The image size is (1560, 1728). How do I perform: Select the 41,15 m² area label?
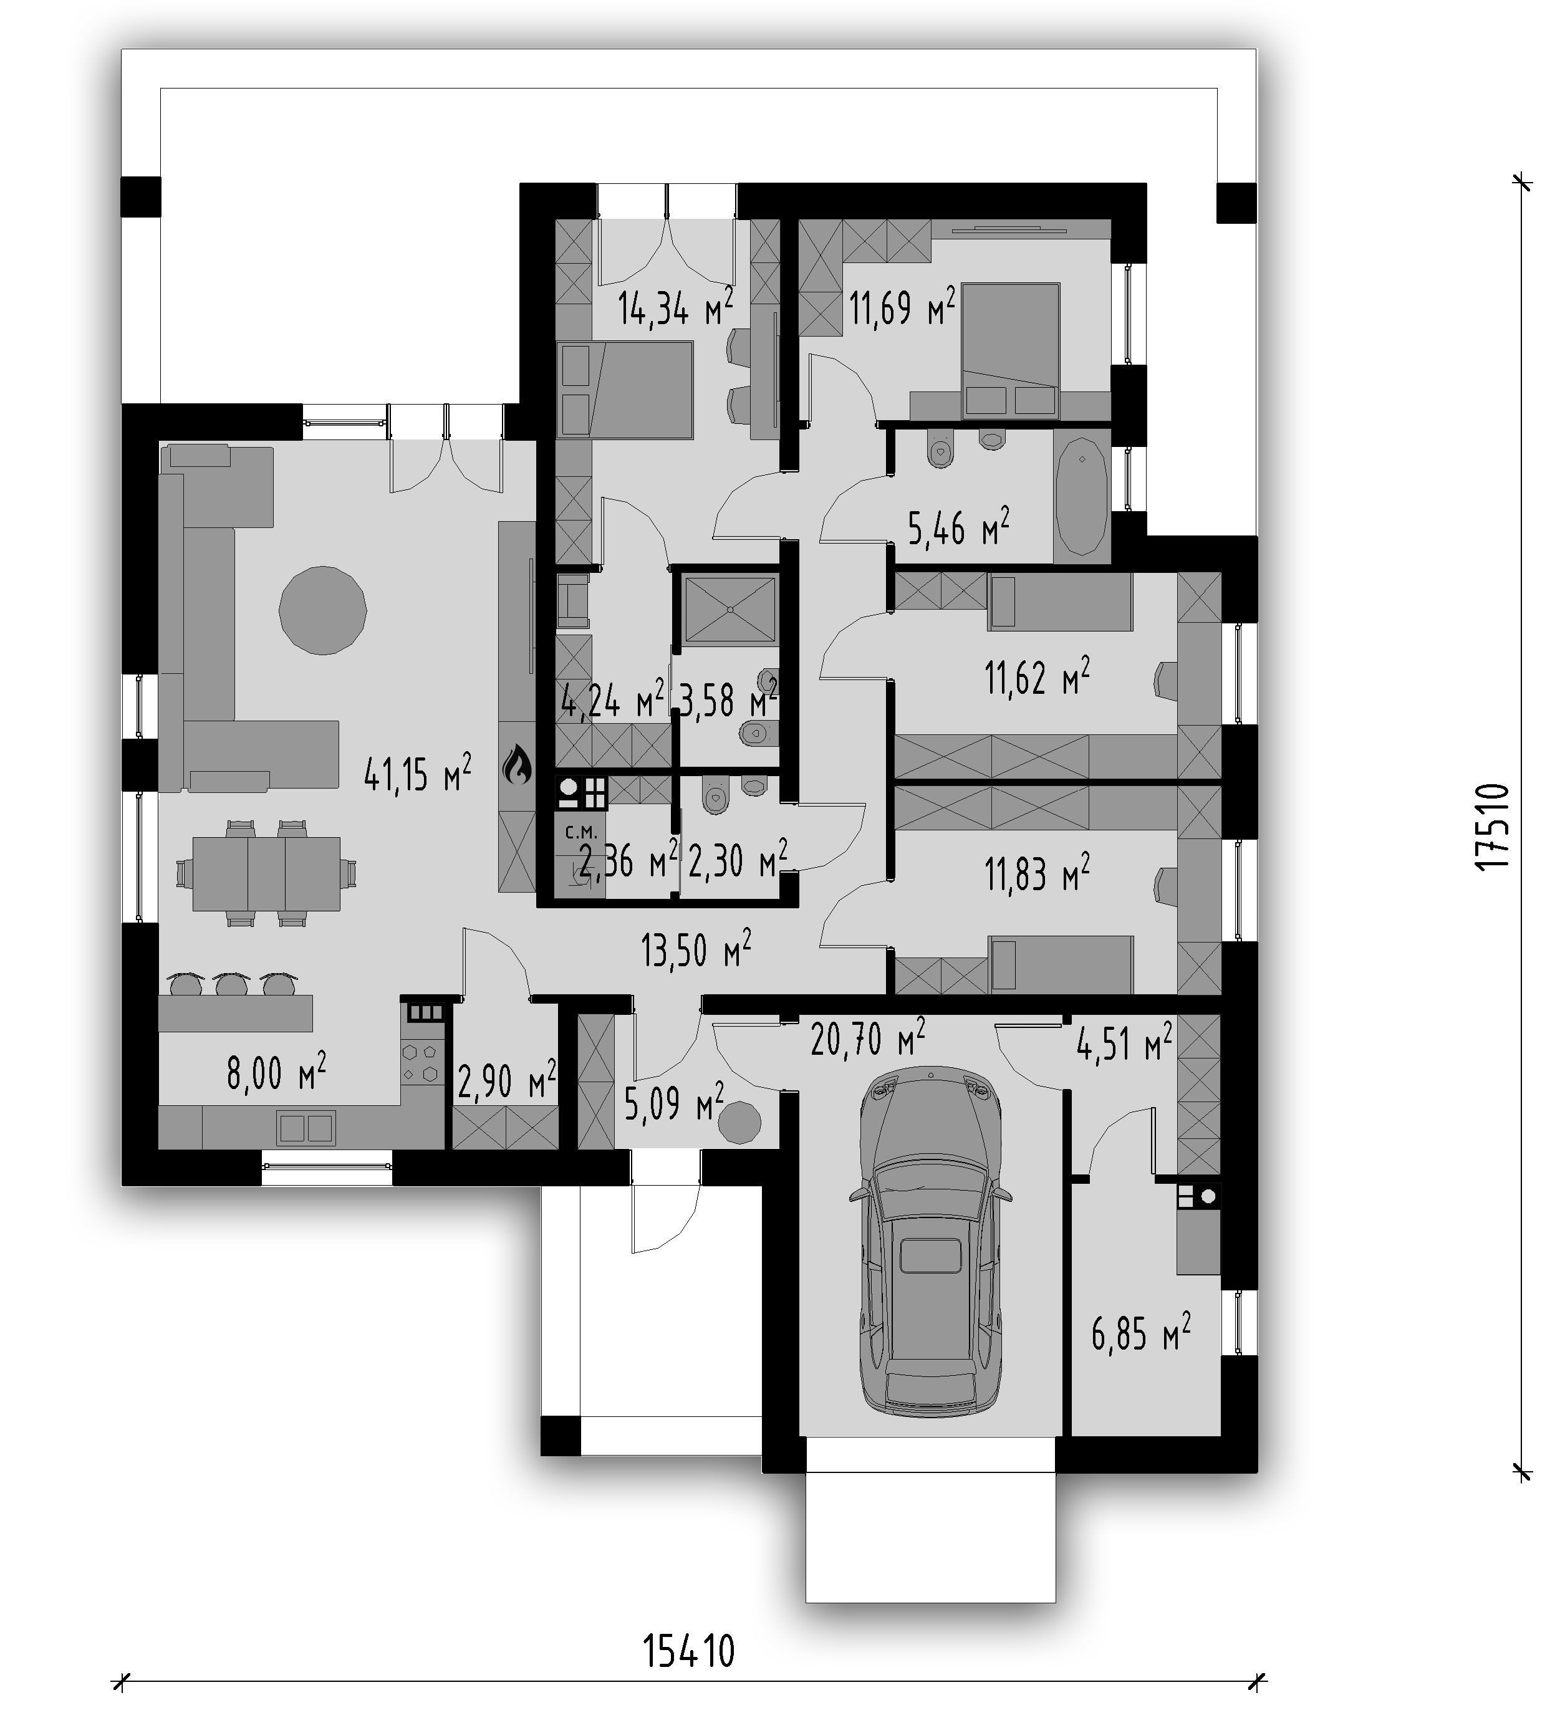(x=417, y=774)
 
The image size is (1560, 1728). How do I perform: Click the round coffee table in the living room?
(x=323, y=610)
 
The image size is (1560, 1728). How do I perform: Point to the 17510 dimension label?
(x=1491, y=827)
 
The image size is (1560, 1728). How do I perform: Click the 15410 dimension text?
(x=689, y=1651)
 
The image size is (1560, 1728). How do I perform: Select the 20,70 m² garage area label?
(x=867, y=1038)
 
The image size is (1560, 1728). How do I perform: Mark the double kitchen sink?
(x=305, y=1128)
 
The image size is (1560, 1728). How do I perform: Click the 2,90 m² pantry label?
(x=506, y=1082)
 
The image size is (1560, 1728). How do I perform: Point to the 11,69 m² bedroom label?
(x=902, y=307)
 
